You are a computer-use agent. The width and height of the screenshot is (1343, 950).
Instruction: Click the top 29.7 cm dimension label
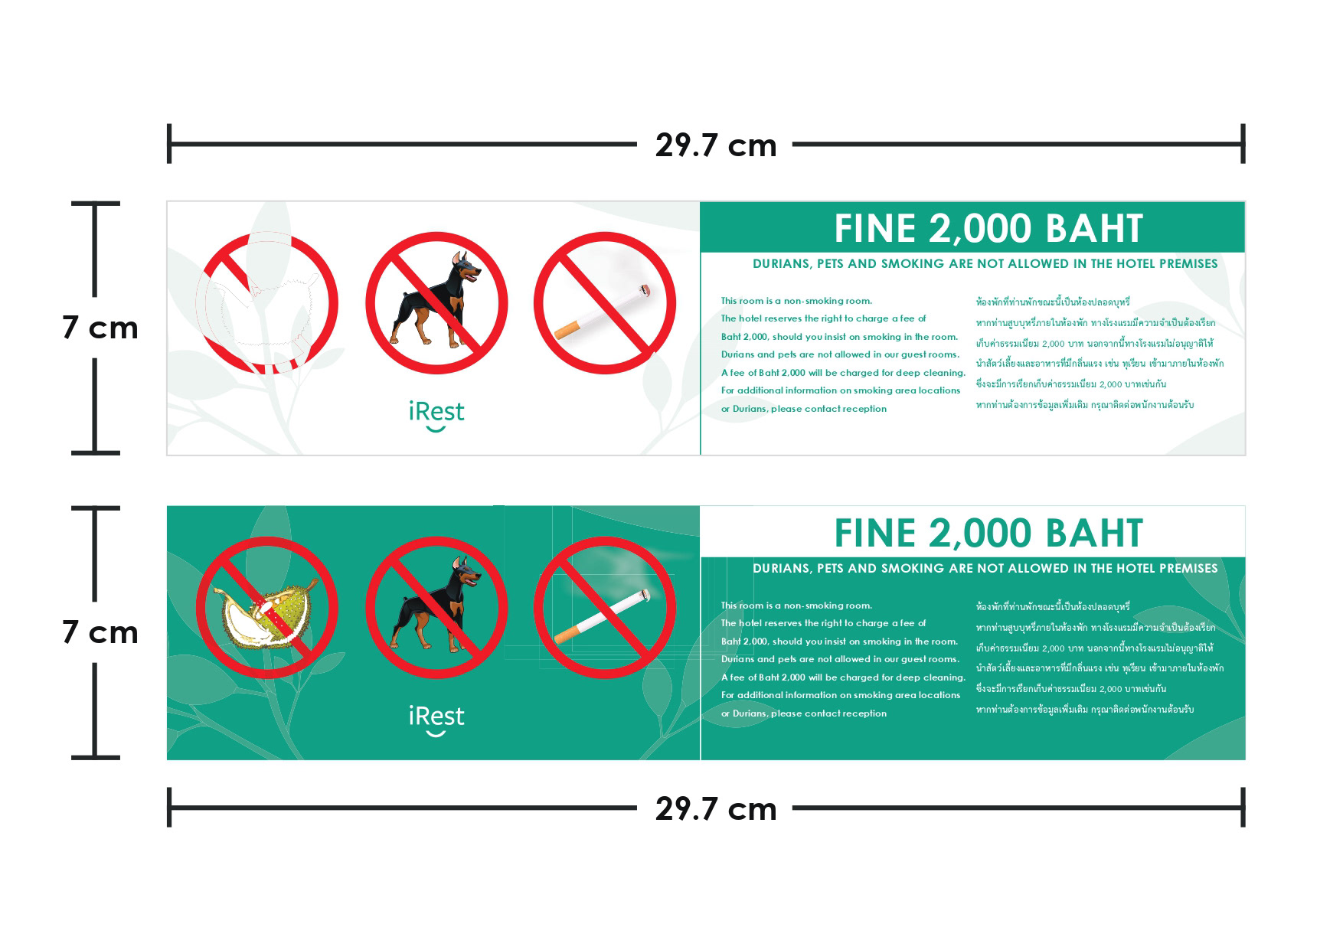click(x=716, y=145)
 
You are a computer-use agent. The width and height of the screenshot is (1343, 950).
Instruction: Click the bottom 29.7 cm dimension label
click(x=716, y=808)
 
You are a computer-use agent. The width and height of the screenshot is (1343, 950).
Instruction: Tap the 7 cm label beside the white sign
click(x=100, y=328)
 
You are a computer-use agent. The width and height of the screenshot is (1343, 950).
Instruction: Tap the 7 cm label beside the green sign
click(x=100, y=632)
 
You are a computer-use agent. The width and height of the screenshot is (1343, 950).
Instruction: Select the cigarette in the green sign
click(x=602, y=616)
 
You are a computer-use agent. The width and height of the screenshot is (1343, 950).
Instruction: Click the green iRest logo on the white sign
click(x=436, y=416)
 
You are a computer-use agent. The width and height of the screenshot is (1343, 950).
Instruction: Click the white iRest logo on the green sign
click(x=436, y=720)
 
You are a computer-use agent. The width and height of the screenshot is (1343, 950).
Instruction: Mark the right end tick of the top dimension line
click(x=1243, y=143)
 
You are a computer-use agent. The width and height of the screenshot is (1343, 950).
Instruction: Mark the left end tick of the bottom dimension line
click(x=169, y=808)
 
